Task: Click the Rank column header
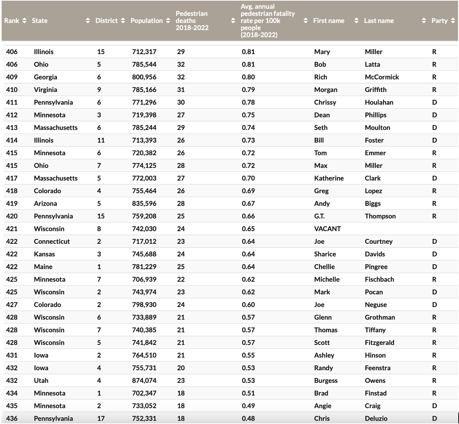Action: tap(11, 21)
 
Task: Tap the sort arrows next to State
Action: tap(88, 21)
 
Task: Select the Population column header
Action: tap(146, 21)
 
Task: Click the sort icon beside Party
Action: tap(453, 21)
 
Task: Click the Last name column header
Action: tap(379, 21)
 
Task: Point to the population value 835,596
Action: tap(144, 204)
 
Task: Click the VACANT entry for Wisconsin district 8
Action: tap(327, 229)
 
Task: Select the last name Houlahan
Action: tap(379, 102)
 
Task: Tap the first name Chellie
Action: tap(324, 267)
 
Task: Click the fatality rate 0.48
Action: tap(248, 419)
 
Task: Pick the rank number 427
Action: tap(12, 305)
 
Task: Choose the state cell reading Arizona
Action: tap(45, 204)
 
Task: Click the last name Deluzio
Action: tap(376, 419)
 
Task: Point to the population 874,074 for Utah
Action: tap(144, 381)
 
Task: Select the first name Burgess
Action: tap(325, 381)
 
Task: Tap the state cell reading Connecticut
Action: tap(52, 241)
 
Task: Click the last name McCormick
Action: tap(382, 77)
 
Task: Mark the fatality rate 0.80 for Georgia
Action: tap(248, 77)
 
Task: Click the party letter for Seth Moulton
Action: tap(434, 128)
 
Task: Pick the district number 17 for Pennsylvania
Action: tap(101, 419)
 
